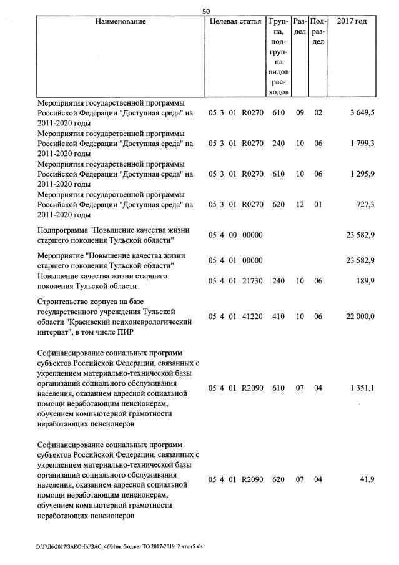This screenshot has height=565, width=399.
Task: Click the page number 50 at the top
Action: (207, 11)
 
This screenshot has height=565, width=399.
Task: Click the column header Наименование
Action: (121, 22)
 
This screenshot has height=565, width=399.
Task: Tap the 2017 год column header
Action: (352, 22)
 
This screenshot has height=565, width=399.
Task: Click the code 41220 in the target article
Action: (252, 317)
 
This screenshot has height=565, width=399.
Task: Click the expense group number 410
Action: (278, 317)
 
